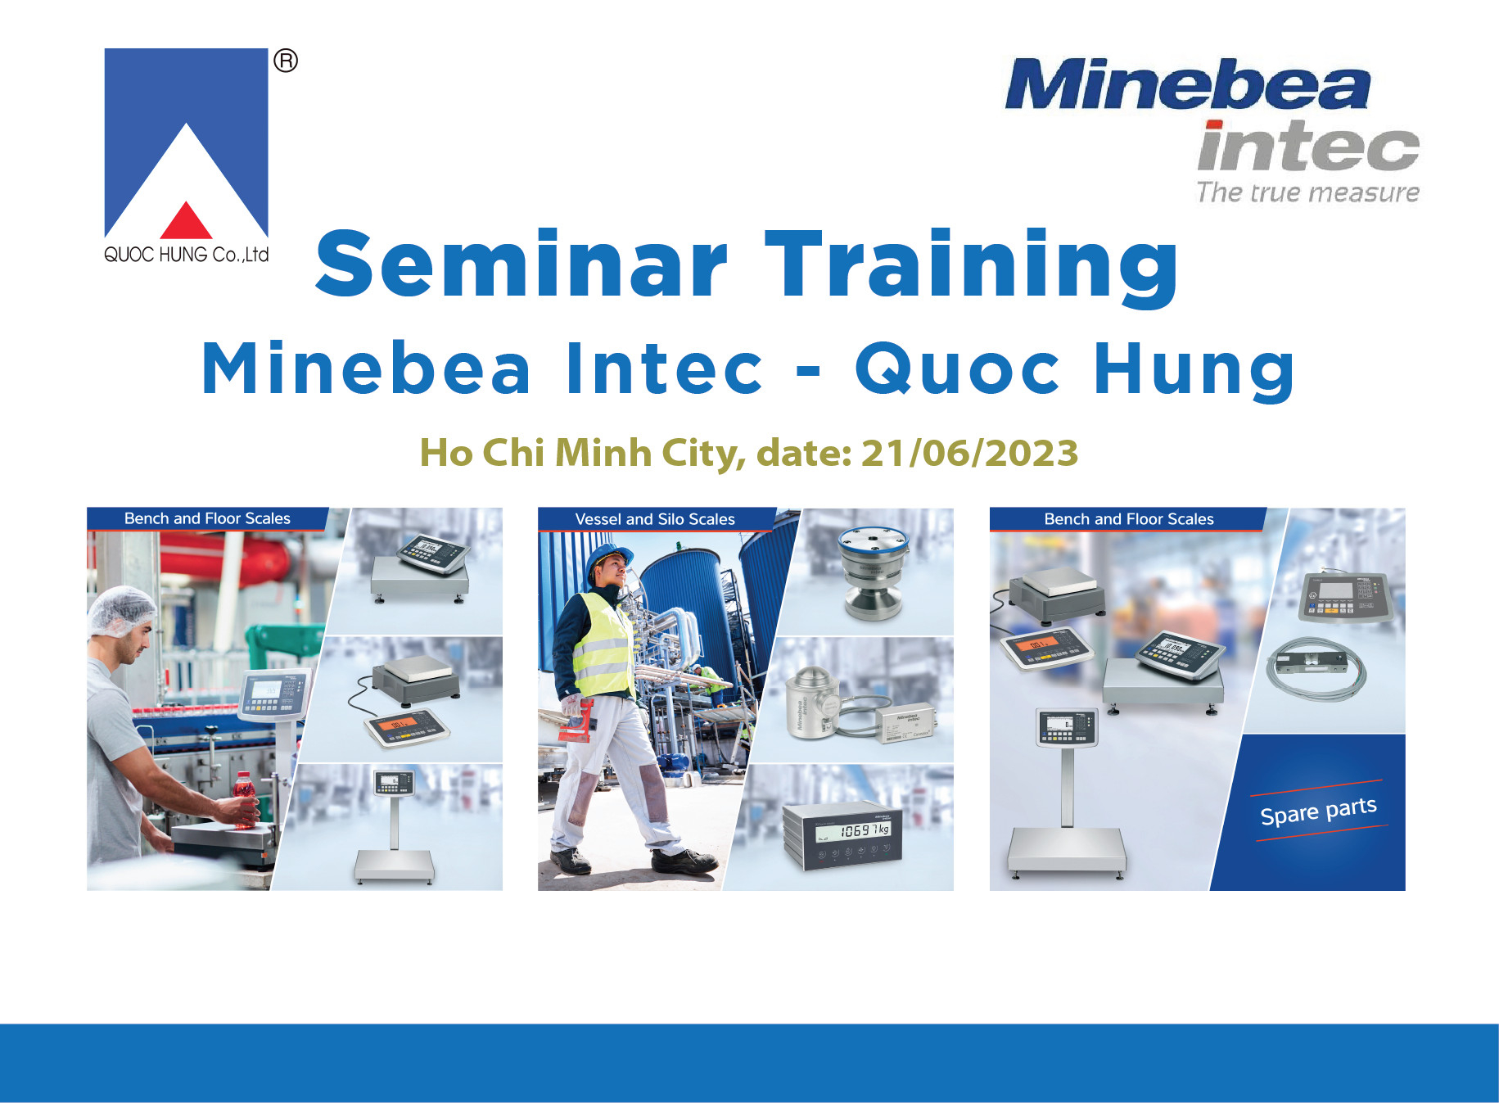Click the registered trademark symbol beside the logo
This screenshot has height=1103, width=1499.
point(286,61)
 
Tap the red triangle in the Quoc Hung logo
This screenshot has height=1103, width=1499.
point(187,221)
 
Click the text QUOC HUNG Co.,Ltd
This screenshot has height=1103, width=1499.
point(187,255)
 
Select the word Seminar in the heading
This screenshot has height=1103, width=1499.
point(521,264)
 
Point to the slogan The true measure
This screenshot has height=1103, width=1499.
point(1307,192)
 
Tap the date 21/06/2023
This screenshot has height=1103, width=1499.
point(969,453)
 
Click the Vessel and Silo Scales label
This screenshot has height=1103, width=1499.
point(655,519)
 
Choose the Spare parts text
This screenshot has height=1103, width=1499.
point(1318,811)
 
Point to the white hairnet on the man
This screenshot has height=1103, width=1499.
point(120,610)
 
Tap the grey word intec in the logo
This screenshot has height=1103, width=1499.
point(1307,147)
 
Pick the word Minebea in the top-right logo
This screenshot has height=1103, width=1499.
point(1187,85)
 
